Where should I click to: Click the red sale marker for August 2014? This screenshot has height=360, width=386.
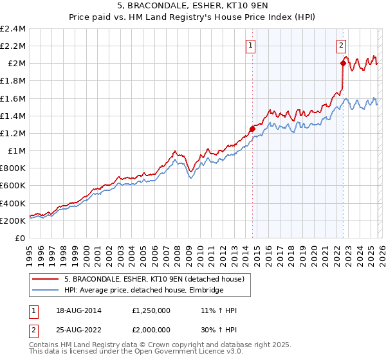point(252,129)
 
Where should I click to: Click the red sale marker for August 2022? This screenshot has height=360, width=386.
point(343,63)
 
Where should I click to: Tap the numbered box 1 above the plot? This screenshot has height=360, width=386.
point(250,45)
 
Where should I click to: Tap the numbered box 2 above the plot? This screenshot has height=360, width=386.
point(341,45)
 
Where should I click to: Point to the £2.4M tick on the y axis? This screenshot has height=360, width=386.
point(13,29)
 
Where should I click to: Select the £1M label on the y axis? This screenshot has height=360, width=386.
point(17,151)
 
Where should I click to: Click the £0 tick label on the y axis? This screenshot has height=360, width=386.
point(21,238)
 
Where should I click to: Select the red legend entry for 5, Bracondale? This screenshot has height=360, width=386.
point(154,279)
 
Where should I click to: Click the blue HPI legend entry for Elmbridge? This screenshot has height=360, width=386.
point(143,290)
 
